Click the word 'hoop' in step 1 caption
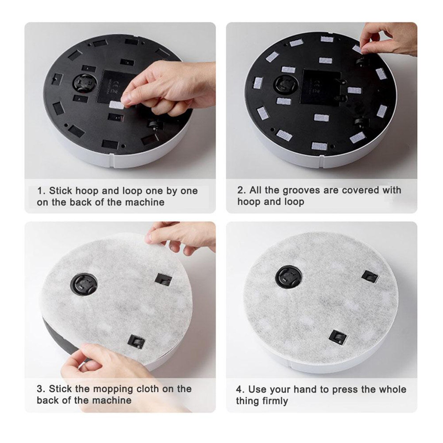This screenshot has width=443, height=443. point(87,191)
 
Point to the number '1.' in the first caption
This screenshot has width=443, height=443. point(41,191)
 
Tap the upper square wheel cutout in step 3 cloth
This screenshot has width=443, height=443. point(163,280)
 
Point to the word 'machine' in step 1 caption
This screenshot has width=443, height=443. point(145,202)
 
